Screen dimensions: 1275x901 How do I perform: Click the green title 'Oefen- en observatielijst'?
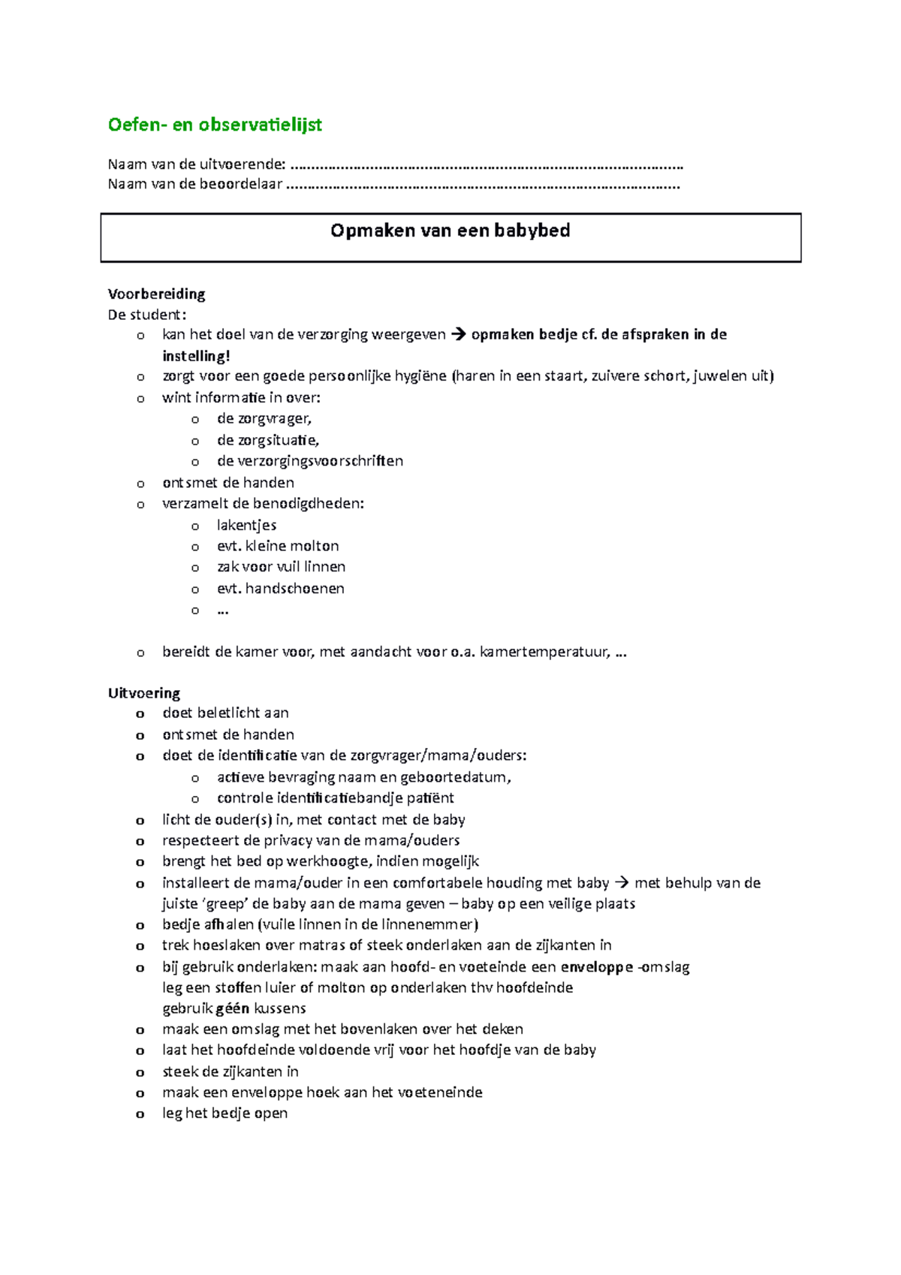coord(215,125)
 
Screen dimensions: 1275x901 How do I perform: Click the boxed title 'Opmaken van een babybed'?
coord(450,231)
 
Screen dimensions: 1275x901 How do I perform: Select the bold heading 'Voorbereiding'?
coord(156,294)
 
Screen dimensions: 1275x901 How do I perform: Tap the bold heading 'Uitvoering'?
coord(144,693)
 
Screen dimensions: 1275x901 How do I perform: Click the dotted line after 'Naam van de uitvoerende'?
coord(487,165)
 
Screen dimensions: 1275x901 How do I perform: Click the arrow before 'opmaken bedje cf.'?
coord(458,335)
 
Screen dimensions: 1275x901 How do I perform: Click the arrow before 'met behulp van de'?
coord(621,883)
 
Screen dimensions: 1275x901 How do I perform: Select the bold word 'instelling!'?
coord(196,356)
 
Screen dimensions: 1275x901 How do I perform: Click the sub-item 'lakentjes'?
coord(246,525)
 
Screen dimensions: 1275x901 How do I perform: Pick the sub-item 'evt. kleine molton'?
coord(278,546)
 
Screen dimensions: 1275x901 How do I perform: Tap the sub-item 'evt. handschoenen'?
coord(280,588)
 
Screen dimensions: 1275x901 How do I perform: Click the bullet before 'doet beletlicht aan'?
coord(140,714)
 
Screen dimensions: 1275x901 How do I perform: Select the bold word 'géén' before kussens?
coord(233,1008)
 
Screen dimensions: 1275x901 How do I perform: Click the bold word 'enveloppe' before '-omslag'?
coord(597,967)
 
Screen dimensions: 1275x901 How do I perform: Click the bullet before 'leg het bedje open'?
coord(140,1114)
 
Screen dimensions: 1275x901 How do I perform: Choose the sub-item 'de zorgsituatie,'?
coord(268,440)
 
